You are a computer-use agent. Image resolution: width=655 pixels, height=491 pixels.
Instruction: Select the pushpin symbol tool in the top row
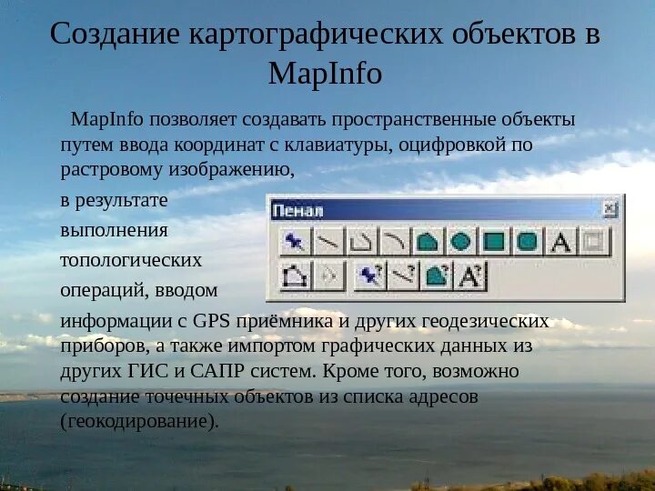coord(293,242)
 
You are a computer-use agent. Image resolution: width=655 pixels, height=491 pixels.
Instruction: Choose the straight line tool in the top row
coord(327,242)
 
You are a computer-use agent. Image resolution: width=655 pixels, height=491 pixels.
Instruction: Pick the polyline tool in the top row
coord(360,242)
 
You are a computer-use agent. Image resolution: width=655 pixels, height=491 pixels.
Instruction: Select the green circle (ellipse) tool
coord(460,242)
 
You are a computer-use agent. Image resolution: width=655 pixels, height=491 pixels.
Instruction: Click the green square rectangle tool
coord(494,242)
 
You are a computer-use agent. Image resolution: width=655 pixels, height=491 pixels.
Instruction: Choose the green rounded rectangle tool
coord(528,242)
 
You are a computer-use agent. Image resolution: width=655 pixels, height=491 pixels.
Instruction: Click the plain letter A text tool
coord(561,242)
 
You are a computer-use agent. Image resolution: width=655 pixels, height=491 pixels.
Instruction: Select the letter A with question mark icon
coord(471,275)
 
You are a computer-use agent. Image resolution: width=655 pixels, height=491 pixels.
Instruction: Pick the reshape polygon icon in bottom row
coord(293,275)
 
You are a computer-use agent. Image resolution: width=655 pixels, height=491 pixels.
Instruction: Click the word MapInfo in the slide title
coord(326,72)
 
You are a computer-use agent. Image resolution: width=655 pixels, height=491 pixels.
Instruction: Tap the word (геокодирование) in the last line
coord(139,423)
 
